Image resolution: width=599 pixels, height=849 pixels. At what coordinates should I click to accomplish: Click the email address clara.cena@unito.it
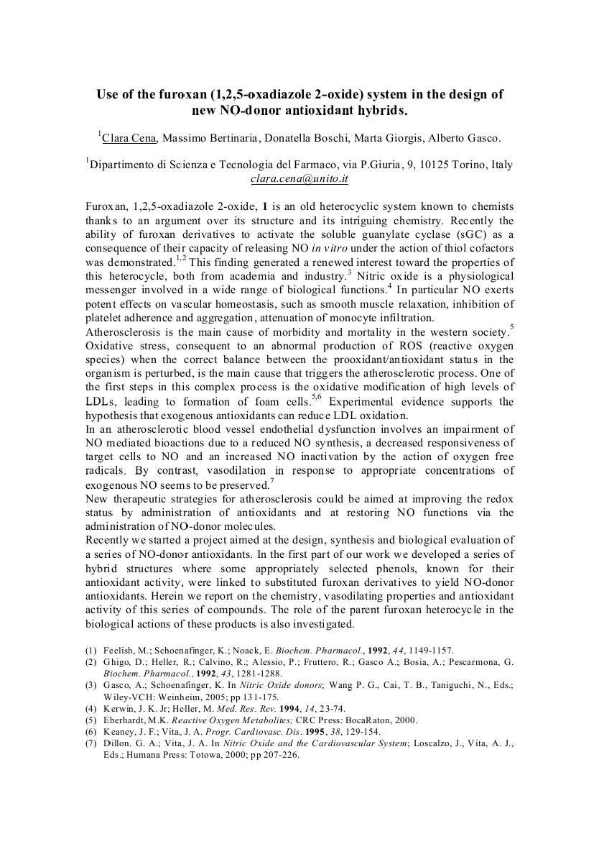point(299,179)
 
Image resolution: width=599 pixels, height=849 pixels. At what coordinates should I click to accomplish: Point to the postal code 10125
point(433,165)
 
